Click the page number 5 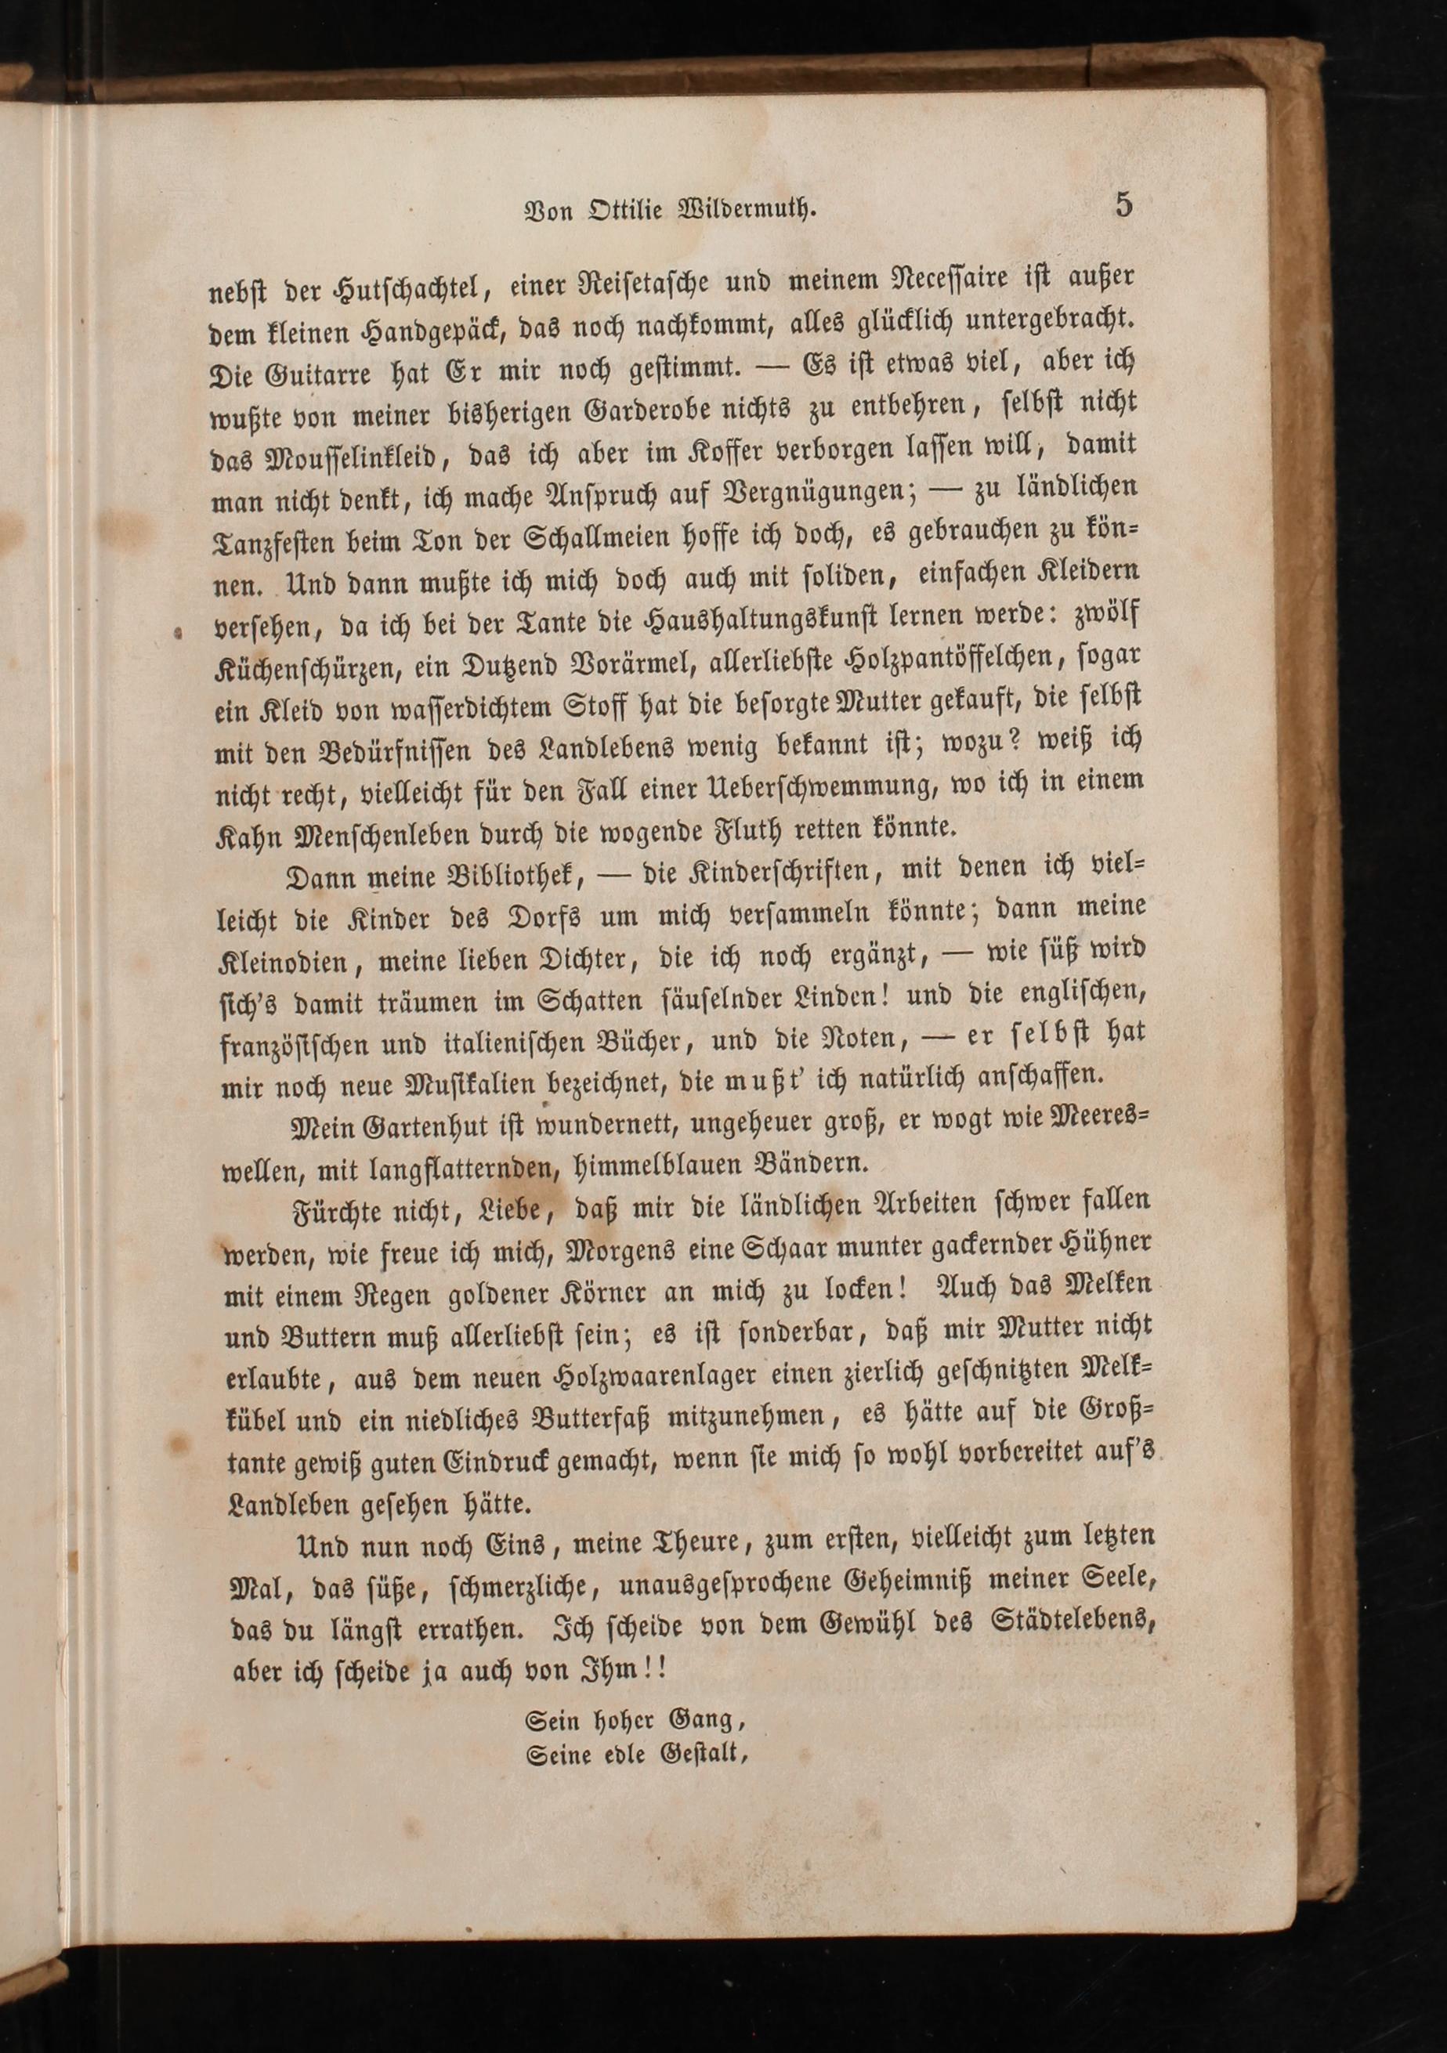point(1123,204)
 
